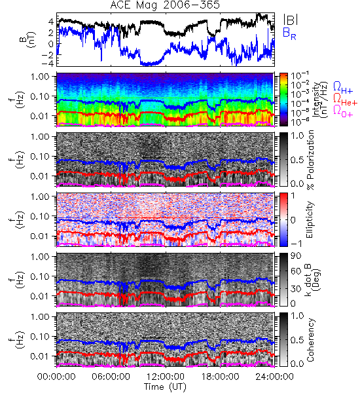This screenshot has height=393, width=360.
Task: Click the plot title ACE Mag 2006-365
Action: tap(165, 5)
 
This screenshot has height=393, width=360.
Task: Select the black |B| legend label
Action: tap(291, 20)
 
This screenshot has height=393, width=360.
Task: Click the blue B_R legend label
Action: tap(289, 34)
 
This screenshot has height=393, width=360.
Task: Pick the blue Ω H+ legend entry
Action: tap(343, 88)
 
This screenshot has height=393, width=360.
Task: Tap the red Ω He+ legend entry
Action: tap(345, 100)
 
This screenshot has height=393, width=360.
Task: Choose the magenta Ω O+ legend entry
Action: tap(343, 111)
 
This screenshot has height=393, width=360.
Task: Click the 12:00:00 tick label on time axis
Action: tap(166, 377)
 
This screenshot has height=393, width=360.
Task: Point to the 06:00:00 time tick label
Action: tap(111, 377)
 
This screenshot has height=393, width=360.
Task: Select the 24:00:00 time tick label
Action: tap(274, 377)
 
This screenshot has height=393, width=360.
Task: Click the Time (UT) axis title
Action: tap(165, 386)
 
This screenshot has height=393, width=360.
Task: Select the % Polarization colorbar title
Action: tap(310, 160)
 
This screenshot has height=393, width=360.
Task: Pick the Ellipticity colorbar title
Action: tap(310, 220)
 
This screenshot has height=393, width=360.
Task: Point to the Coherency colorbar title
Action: tap(310, 340)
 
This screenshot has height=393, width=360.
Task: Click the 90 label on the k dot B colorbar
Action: tap(296, 255)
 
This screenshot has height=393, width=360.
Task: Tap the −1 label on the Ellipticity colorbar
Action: tap(296, 244)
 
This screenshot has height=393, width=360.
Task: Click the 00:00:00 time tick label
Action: tap(56, 377)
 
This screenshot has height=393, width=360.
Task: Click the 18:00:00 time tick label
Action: tap(220, 377)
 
